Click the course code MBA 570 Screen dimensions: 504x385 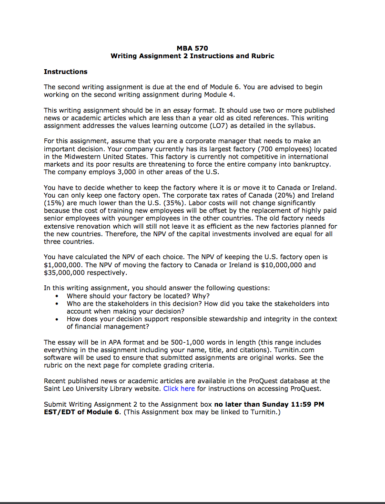[192, 48]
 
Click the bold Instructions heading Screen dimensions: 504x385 [66, 72]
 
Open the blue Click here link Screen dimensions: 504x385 [179, 388]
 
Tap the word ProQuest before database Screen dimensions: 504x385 [264, 381]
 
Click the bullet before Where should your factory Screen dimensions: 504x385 [58, 296]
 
